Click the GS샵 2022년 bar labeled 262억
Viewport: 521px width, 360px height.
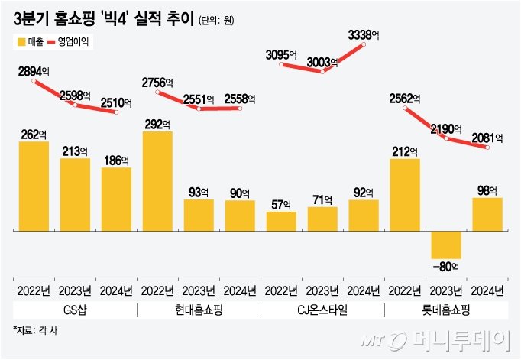point(34,186)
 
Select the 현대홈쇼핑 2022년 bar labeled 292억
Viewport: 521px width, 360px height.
point(157,181)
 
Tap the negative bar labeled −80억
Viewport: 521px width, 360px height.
point(446,245)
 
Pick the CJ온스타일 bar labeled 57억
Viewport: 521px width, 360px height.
point(281,222)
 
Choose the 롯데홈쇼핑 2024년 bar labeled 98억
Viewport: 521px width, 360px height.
point(487,215)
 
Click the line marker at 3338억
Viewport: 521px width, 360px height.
point(364,44)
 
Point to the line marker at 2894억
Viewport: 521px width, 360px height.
point(34,81)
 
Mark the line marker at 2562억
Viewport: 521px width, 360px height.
point(405,108)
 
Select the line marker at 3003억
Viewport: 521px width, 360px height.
point(322,72)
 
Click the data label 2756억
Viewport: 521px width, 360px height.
point(157,83)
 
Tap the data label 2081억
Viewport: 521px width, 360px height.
point(487,138)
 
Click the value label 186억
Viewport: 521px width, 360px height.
point(116,161)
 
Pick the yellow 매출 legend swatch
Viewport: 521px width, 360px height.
point(21,42)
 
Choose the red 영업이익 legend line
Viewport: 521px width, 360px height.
point(51,42)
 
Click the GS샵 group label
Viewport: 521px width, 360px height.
point(75,310)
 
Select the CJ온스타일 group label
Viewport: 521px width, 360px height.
point(322,310)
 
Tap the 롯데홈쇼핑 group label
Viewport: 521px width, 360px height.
point(446,310)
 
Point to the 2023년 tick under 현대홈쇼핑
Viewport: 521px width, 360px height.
point(199,291)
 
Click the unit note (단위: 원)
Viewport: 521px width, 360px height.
point(216,21)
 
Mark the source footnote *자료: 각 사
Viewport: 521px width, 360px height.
point(35,330)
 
